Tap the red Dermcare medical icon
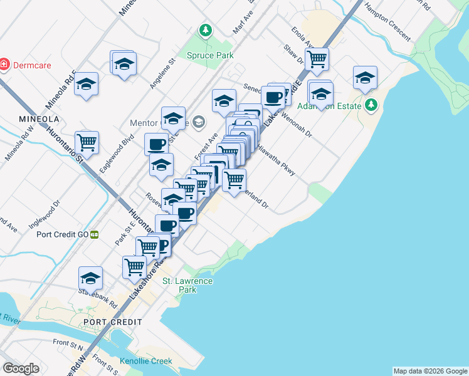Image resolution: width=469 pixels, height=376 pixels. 4,65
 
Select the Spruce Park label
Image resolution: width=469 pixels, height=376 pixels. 210,55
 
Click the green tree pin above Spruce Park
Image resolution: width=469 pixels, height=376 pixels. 205,30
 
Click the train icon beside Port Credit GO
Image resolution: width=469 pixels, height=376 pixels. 94,234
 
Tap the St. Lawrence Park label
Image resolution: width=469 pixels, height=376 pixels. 187,285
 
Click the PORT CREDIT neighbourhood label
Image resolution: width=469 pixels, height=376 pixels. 112,321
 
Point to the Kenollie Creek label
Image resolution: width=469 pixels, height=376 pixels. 145,361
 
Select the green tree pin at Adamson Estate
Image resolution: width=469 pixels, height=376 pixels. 372,105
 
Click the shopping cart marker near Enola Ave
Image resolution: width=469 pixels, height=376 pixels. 317,59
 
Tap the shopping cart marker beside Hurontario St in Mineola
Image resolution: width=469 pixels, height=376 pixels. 87,142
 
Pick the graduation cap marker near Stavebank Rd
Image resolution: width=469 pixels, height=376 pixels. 90,277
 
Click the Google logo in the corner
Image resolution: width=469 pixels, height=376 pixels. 21,368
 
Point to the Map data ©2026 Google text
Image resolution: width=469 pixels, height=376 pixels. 430,371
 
